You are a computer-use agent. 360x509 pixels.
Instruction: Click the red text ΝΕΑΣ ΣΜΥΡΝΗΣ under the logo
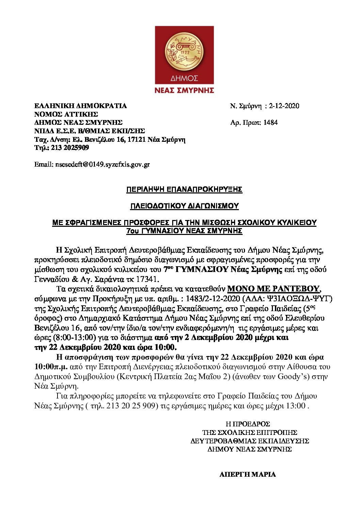[184, 90]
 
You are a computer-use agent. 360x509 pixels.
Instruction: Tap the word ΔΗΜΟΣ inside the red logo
[184, 78]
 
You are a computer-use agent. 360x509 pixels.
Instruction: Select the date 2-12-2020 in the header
[284, 106]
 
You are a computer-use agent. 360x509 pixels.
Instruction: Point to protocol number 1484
[271, 122]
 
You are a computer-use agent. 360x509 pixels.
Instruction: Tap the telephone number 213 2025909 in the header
[70, 148]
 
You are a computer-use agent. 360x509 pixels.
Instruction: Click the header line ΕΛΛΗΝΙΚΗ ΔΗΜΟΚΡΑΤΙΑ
[81, 106]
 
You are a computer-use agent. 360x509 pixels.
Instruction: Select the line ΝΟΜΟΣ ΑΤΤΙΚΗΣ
[66, 114]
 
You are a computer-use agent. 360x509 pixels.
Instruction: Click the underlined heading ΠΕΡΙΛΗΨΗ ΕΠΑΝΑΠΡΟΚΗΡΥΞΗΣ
[184, 189]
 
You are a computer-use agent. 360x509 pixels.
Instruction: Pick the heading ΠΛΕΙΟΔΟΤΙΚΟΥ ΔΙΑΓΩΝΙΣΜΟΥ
[184, 206]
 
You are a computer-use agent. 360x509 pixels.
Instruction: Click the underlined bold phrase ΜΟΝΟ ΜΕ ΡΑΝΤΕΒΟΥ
[274, 289]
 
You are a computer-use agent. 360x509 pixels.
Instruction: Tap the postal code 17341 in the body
[149, 279]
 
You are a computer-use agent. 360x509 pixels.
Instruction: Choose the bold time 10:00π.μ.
[51, 367]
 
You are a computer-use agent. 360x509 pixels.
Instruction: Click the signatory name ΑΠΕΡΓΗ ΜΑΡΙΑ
[247, 474]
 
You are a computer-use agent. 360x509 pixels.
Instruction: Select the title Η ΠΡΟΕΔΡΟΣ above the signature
[248, 424]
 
